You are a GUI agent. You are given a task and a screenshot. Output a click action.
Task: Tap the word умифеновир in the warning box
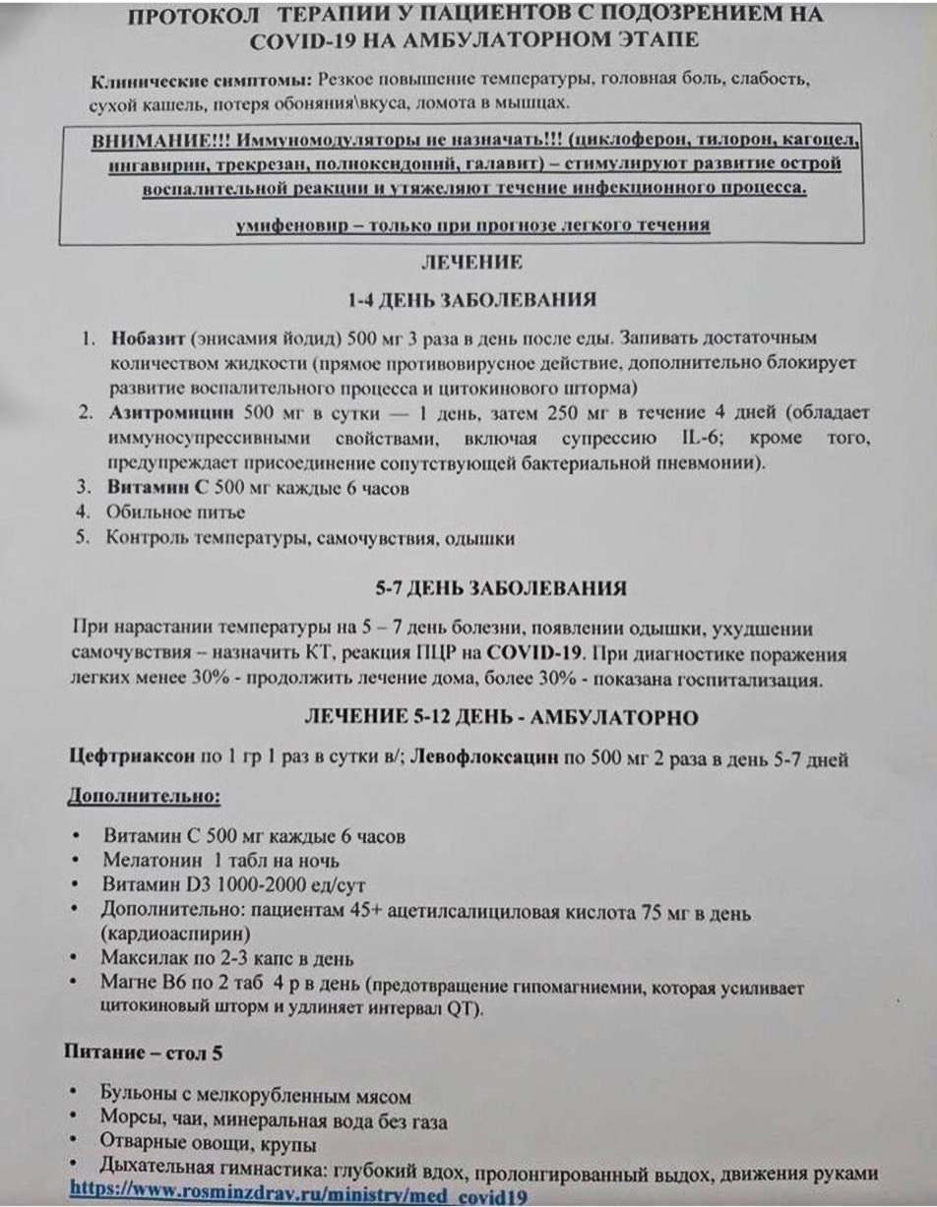point(285,225)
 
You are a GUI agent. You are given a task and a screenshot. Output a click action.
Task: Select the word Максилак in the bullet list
point(144,958)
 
